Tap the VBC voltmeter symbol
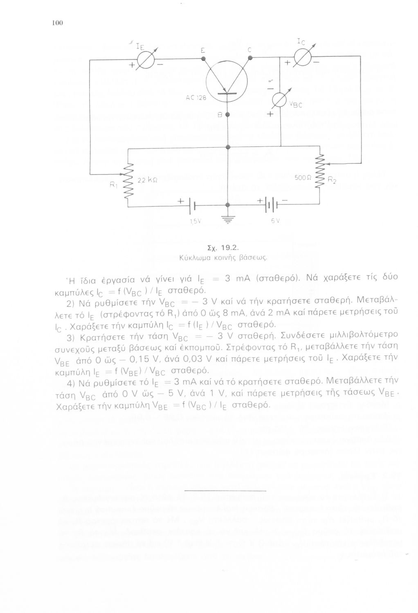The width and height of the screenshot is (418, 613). tap(281, 101)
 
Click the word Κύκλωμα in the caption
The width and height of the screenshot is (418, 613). tap(195, 258)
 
